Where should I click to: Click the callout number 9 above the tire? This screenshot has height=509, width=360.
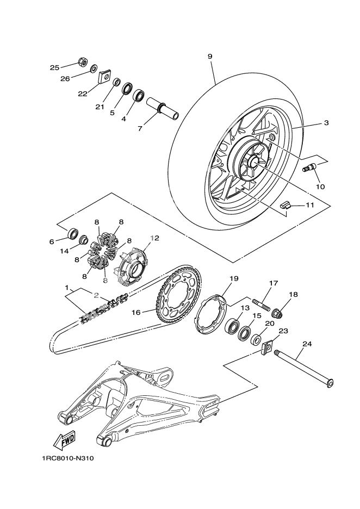(210, 57)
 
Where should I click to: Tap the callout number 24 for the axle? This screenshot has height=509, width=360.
(307, 344)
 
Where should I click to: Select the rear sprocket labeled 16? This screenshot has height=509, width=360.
(179, 296)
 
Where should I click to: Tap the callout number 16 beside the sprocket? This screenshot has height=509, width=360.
(136, 312)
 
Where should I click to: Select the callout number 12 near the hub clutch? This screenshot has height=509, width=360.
(155, 238)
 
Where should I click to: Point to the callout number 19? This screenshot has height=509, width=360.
(233, 279)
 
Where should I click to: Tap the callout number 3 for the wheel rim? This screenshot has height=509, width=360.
(326, 123)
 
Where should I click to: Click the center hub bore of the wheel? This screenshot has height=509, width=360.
(254, 161)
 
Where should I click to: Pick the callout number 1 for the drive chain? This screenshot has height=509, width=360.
(66, 287)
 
